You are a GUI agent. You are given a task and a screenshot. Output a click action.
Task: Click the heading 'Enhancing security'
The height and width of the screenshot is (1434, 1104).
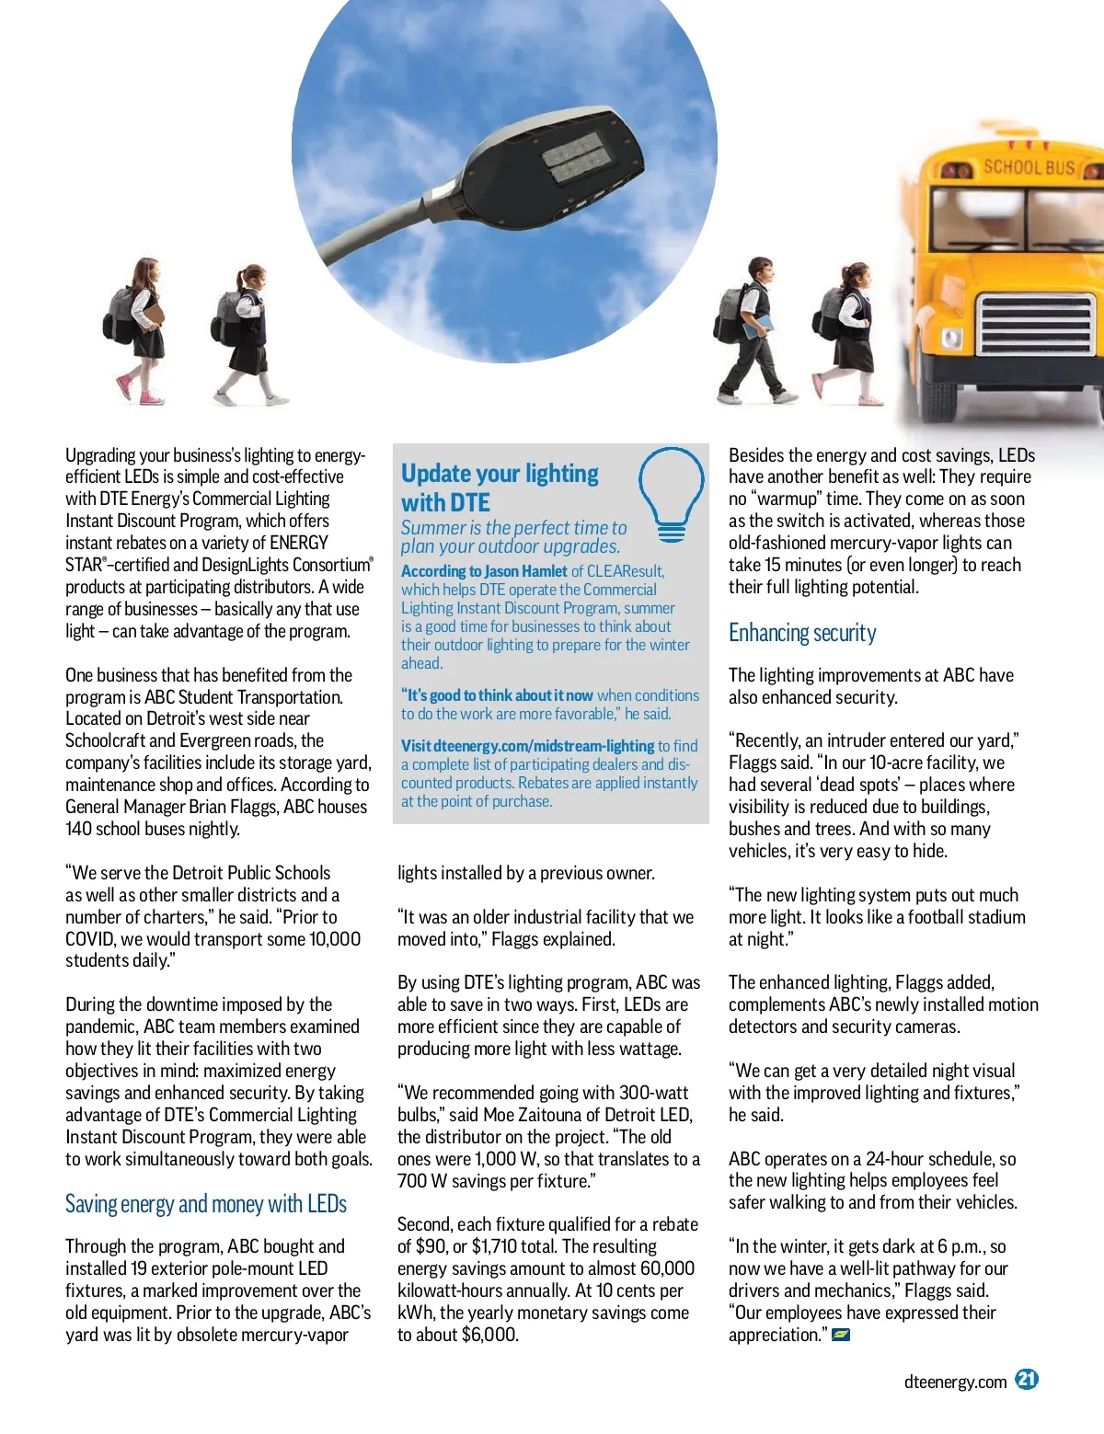(x=802, y=633)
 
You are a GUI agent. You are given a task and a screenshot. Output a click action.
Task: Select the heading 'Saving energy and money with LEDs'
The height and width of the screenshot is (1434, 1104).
(x=206, y=1204)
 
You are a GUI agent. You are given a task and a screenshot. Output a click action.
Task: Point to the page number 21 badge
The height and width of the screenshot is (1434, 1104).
(x=1027, y=1379)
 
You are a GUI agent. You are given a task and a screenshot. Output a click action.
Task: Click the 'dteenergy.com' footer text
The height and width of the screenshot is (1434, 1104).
(x=955, y=1382)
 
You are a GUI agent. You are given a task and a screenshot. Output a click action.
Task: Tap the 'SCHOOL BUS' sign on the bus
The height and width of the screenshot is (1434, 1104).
(x=1029, y=167)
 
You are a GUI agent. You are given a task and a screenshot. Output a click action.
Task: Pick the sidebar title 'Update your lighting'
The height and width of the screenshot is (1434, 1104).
(x=500, y=474)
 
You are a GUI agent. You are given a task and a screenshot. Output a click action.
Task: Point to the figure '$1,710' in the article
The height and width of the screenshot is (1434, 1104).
(x=501, y=1246)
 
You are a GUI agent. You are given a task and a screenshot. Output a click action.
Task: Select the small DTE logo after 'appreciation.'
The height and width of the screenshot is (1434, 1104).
(x=840, y=1335)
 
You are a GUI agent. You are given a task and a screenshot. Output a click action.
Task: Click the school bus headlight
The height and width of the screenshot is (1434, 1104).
(x=952, y=338)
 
